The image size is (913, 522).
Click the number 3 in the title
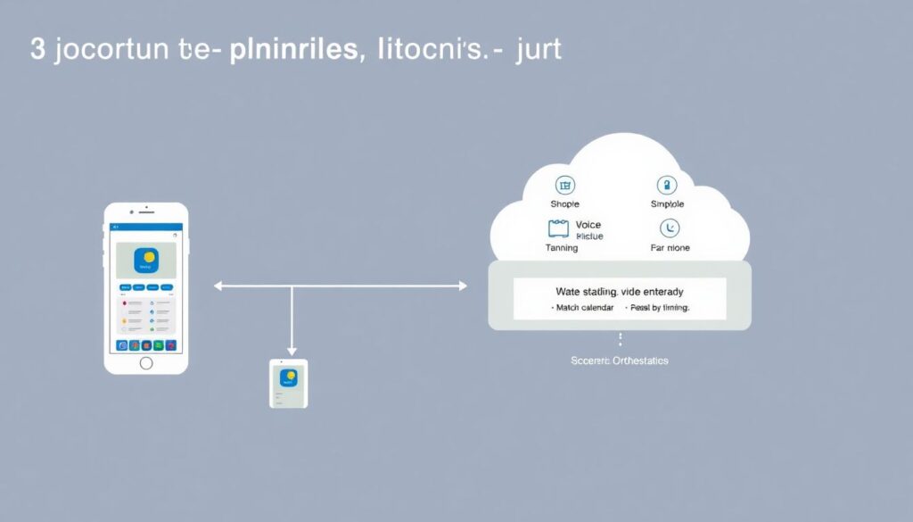coord(37,50)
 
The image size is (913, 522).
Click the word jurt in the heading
coord(539,50)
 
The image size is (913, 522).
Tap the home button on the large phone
coord(146,362)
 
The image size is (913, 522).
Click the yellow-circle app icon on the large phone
coord(145,261)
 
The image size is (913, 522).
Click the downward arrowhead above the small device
coord(291,352)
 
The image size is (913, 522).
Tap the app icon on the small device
coord(288,377)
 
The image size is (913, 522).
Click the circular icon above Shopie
coord(565,186)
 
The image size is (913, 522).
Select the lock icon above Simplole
coord(666,186)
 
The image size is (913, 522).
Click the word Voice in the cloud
coord(588,225)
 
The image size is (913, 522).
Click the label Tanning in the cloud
coord(562,248)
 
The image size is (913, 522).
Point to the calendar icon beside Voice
coord(559,228)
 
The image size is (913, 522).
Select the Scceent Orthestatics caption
coord(619,360)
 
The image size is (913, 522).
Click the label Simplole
coord(667,204)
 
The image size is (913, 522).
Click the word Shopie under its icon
coord(565,204)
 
